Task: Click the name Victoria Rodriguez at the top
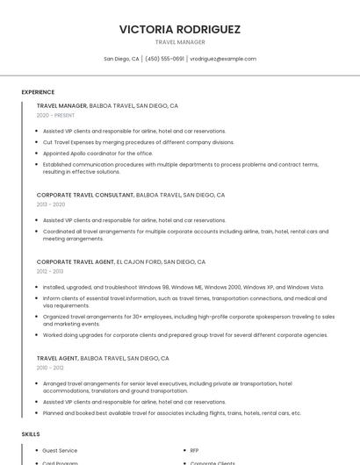pyautogui.click(x=180, y=29)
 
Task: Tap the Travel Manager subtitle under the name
pyautogui.click(x=180, y=42)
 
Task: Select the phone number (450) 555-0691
pyautogui.click(x=164, y=59)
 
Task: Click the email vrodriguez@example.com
pyautogui.click(x=223, y=59)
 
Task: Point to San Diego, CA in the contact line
pyautogui.click(x=121, y=59)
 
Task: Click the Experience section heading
pyautogui.click(x=38, y=92)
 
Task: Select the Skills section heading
pyautogui.click(x=31, y=434)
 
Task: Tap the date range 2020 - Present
pyautogui.click(x=55, y=116)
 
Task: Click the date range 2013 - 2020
pyautogui.click(x=50, y=204)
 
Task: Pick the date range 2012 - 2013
pyautogui.click(x=50, y=271)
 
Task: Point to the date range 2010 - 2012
pyautogui.click(x=50, y=368)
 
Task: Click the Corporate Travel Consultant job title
pyautogui.click(x=84, y=195)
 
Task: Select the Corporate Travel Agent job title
pyautogui.click(x=76, y=261)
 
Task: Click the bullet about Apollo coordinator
pyautogui.click(x=97, y=153)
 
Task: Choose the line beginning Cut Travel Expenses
pyautogui.click(x=139, y=142)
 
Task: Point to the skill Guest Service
pyautogui.click(x=60, y=450)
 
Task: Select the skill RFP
pyautogui.click(x=194, y=450)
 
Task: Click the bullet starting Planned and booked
pyautogui.click(x=171, y=412)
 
